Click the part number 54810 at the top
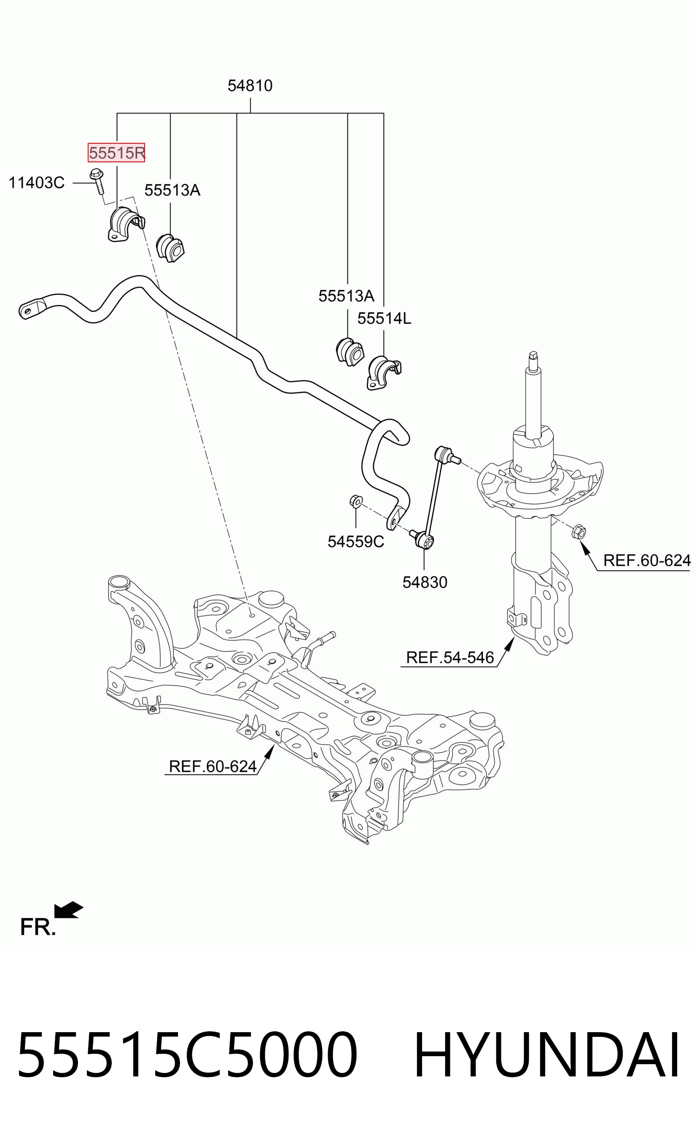pos(250,86)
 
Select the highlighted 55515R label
pos(116,152)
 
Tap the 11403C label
pos(37,183)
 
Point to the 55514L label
pos(384,318)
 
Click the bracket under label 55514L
pos(384,373)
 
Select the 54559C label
pos(356,541)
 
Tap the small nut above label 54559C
pos(356,502)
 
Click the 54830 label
pos(425,582)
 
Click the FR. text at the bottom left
pos(38,927)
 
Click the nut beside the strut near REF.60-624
pos(579,531)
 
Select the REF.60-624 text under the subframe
pos(213,766)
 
